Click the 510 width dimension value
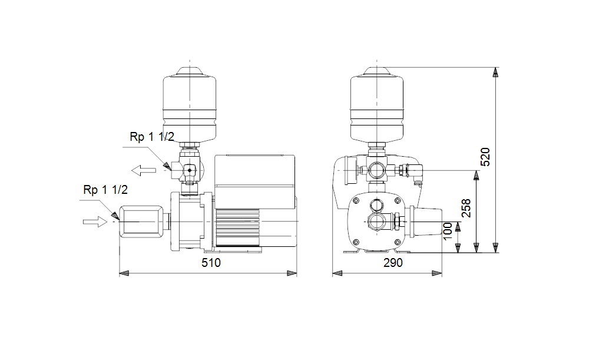pyautogui.click(x=211, y=263)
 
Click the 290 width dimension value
pyautogui.click(x=393, y=263)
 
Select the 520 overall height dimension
pyautogui.click(x=485, y=157)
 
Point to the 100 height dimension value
pyautogui.click(x=448, y=231)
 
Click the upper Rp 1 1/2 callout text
pyautogui.click(x=152, y=137)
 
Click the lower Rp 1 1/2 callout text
pyautogui.click(x=105, y=190)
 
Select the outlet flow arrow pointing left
pyautogui.click(x=144, y=170)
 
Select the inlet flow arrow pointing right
pyautogui.click(x=95, y=222)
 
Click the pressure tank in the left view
pyautogui.click(x=189, y=104)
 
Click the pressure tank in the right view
pyautogui.click(x=377, y=104)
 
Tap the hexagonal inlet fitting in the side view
pyautogui.click(x=141, y=222)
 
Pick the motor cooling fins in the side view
pyautogui.click(x=238, y=227)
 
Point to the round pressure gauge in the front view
pyautogui.click(x=350, y=170)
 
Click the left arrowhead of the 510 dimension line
pyautogui.click(x=124, y=273)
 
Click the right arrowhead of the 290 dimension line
pyautogui.click(x=437, y=273)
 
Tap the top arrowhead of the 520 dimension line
pyautogui.click(x=495, y=72)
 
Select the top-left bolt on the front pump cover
pyautogui.click(x=355, y=201)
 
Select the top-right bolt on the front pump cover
pyautogui.click(x=398, y=201)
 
